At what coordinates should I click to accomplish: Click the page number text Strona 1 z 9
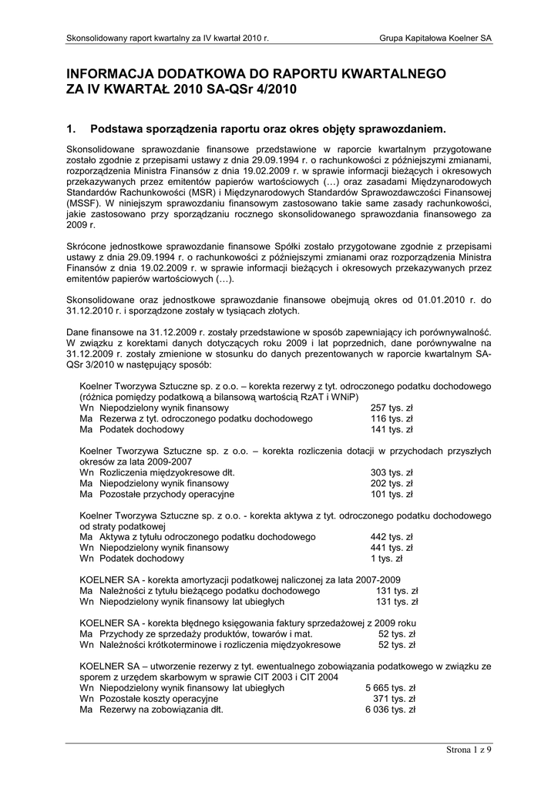[469, 749]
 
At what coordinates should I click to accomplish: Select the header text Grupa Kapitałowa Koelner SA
[435, 38]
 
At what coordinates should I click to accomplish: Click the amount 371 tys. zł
[394, 699]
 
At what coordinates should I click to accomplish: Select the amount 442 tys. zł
[392, 537]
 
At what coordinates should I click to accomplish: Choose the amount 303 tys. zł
[392, 472]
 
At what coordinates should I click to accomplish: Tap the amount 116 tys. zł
[392, 418]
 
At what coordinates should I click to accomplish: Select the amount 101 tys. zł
[392, 494]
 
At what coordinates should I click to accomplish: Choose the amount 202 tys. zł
[392, 483]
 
